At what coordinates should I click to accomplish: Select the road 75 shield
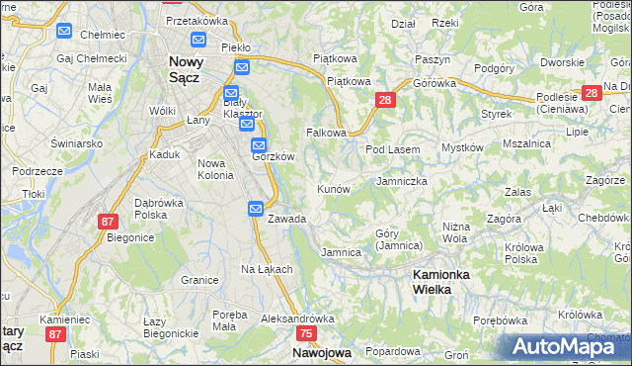[305, 334]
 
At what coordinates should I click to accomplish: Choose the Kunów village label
[333, 188]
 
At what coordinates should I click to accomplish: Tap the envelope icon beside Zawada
[255, 209]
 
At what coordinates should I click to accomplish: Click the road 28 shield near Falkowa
[385, 99]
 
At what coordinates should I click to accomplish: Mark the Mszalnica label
[525, 143]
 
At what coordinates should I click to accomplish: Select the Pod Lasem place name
[393, 149]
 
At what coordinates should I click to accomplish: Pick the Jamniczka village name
[402, 181]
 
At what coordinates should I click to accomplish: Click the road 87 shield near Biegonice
[108, 222]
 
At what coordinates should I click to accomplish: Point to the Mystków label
[462, 147]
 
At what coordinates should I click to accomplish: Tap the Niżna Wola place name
[455, 232]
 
